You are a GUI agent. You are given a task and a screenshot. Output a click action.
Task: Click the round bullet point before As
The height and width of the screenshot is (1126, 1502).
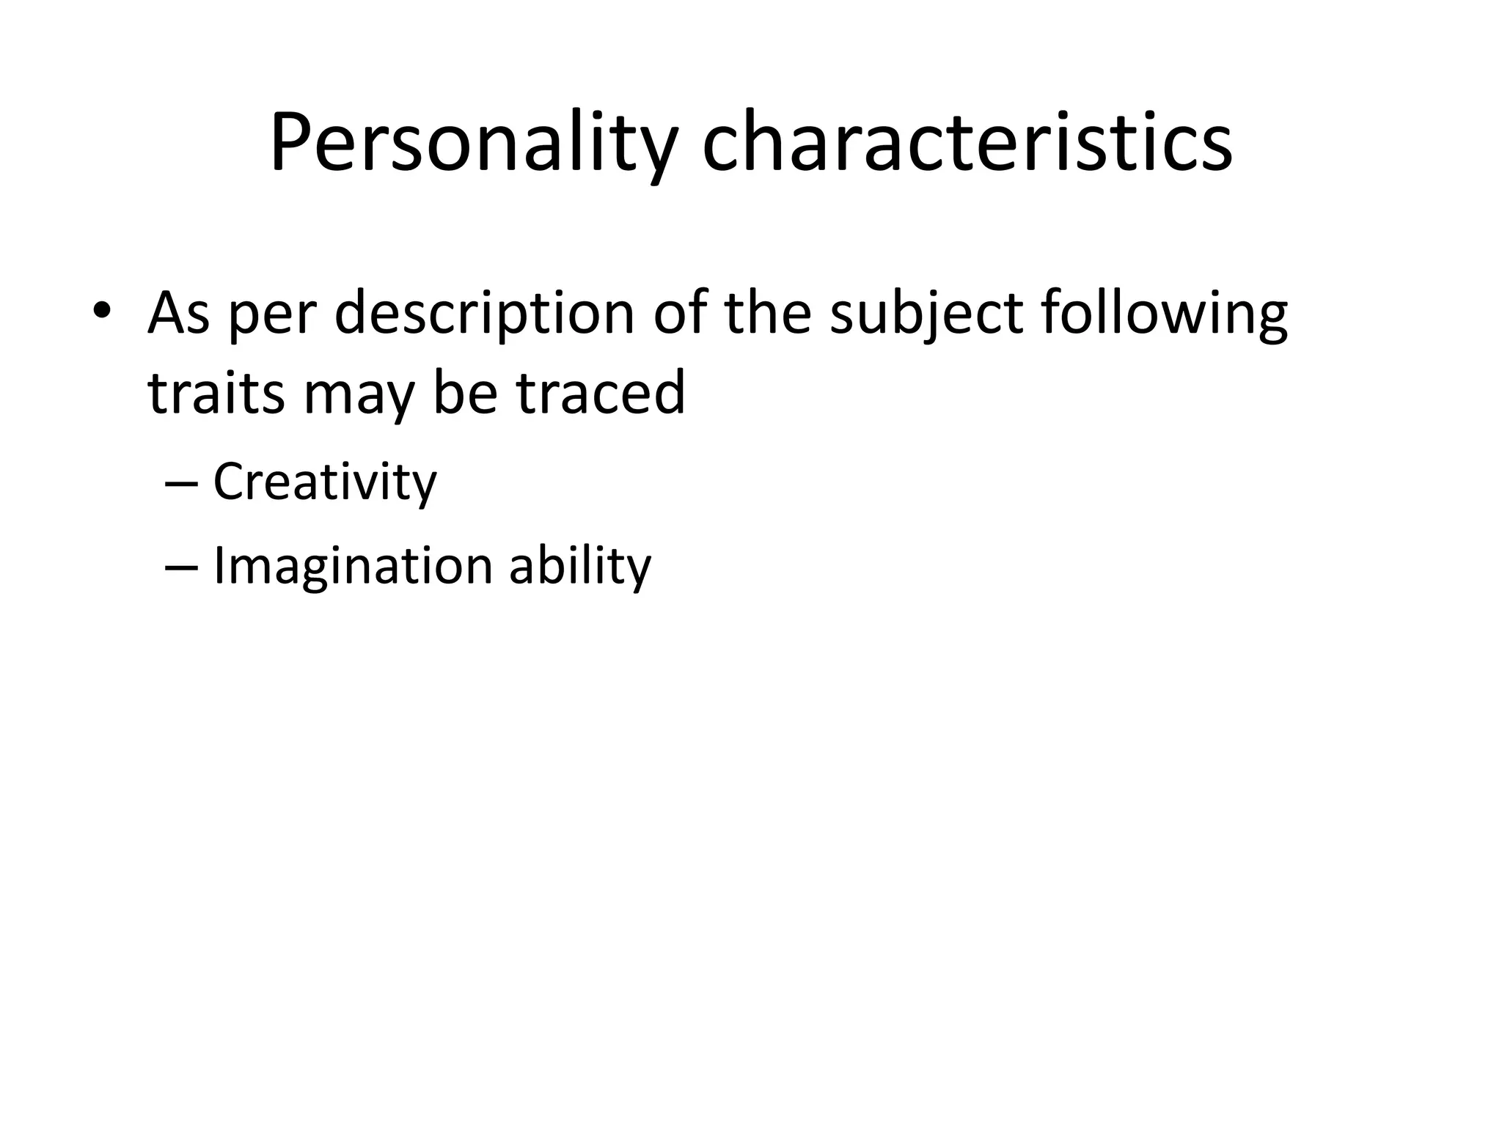pos(103,311)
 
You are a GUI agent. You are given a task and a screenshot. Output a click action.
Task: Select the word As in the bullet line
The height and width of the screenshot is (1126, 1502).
pos(178,312)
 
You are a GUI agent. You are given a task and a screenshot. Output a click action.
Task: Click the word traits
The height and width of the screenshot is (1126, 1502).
pos(216,393)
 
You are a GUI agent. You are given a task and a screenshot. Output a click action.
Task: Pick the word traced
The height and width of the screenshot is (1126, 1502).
pos(600,391)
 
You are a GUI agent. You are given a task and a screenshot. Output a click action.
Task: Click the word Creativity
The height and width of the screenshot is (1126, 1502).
pos(325,482)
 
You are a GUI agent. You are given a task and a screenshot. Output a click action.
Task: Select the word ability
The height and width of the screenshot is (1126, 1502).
pos(579,567)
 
